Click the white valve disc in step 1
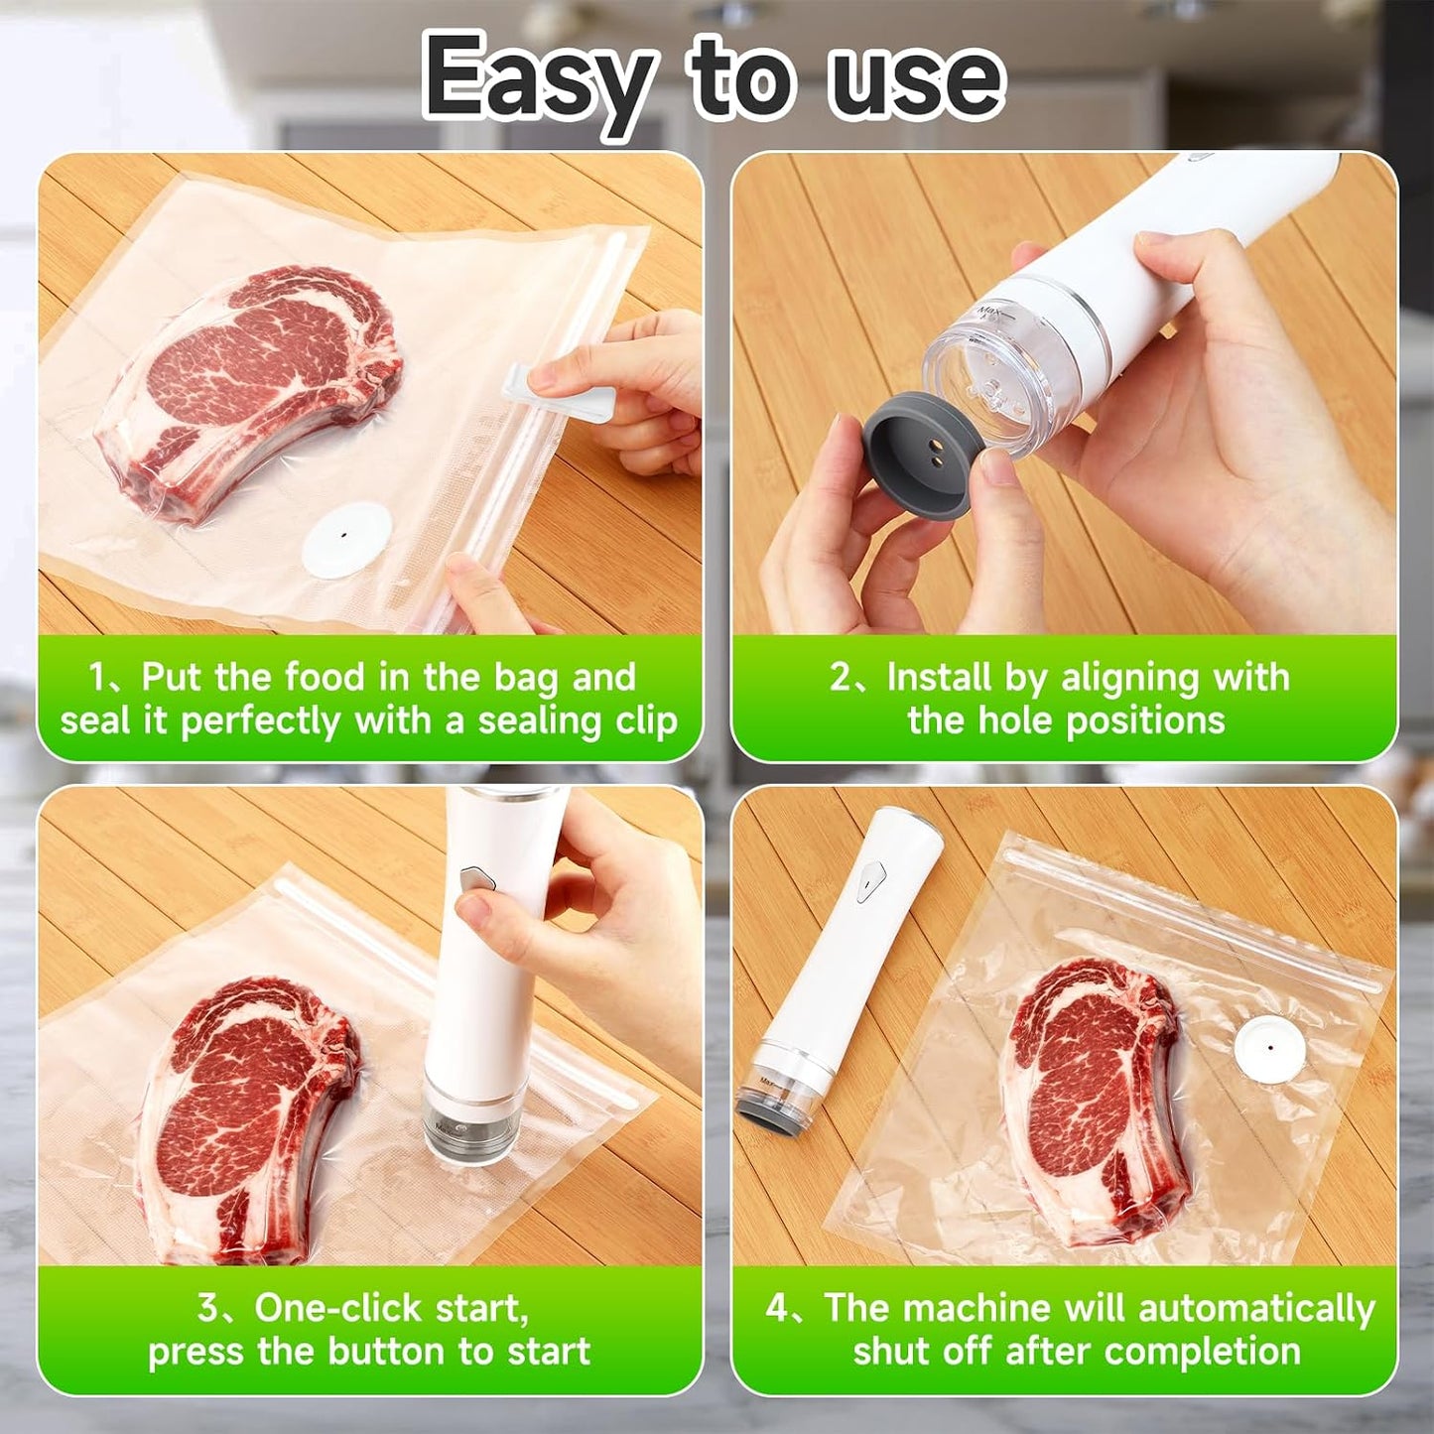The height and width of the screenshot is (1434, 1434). click(x=346, y=540)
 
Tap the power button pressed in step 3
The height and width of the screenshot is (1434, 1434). click(x=477, y=879)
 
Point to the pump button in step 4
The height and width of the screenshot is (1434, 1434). click(x=868, y=882)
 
